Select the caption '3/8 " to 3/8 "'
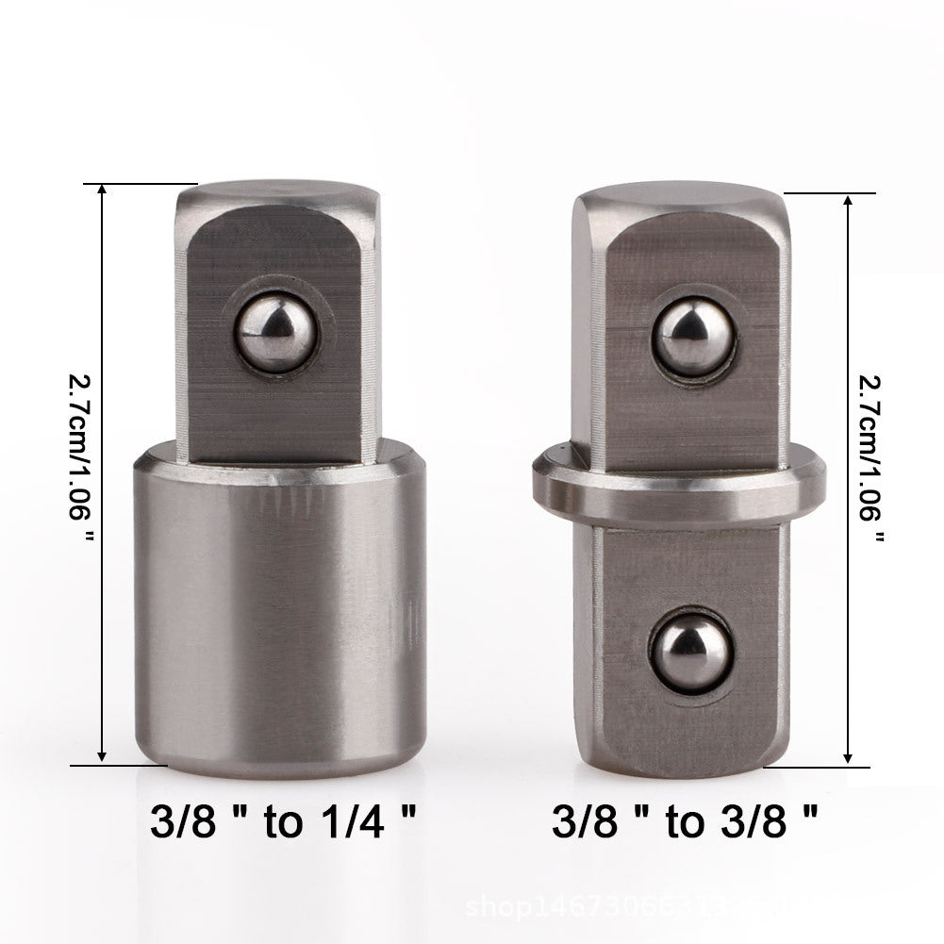[x=685, y=820]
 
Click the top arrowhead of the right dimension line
[x=850, y=201]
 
